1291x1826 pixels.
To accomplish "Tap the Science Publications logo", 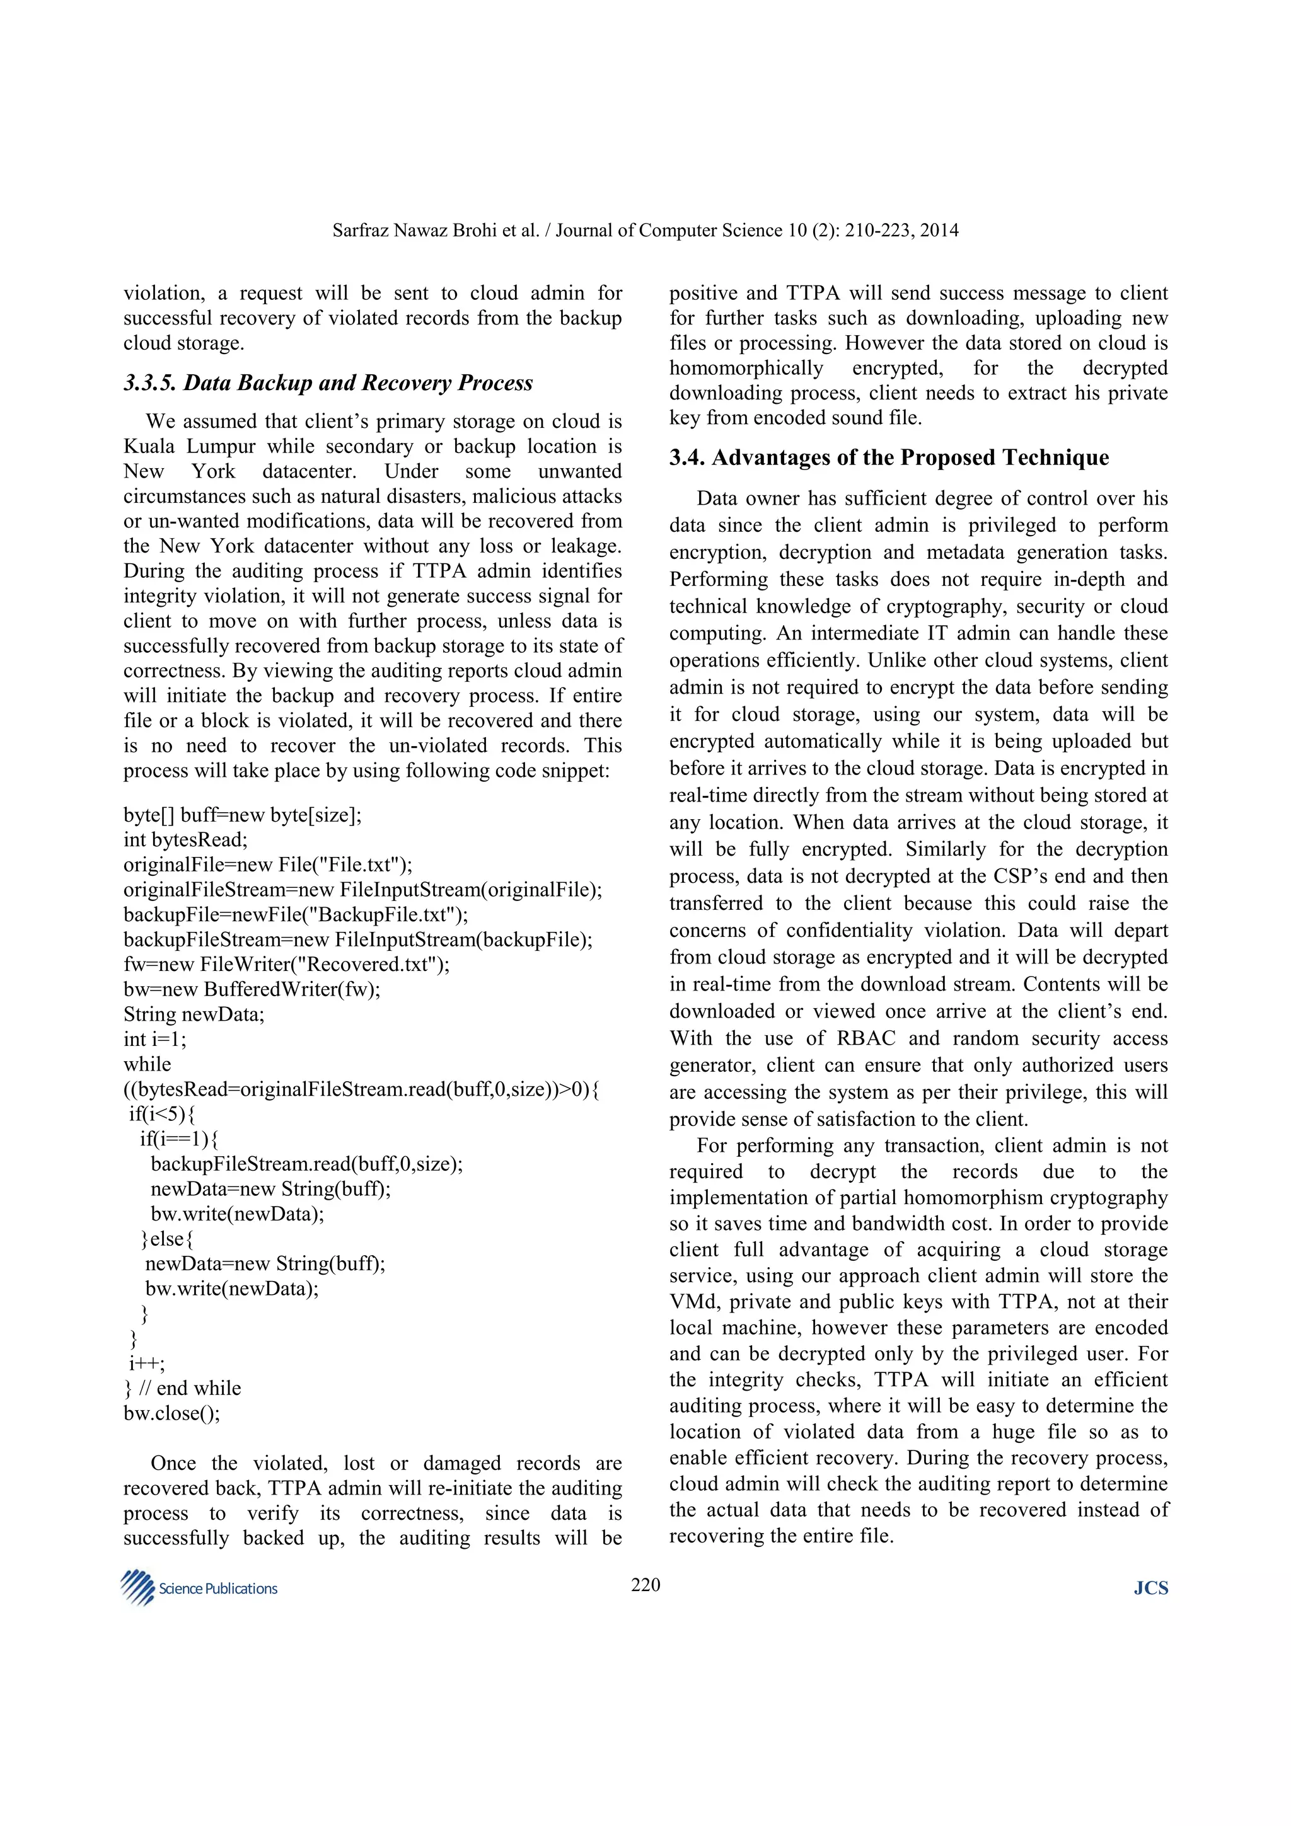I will (199, 1588).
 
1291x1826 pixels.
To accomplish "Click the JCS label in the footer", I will (1150, 1588).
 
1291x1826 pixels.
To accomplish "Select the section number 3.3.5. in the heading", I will (149, 383).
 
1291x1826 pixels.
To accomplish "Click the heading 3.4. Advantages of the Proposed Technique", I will (888, 457).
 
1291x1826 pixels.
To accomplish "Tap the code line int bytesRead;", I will (185, 840).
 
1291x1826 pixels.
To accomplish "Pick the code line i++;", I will (147, 1363).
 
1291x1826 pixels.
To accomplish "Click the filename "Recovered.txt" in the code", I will (369, 965).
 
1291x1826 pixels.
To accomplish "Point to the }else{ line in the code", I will (167, 1238).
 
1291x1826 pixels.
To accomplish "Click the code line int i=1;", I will (155, 1038).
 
